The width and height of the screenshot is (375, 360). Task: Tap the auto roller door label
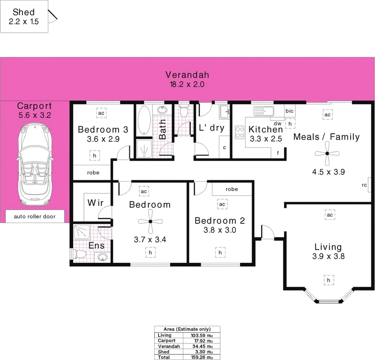coord(35,216)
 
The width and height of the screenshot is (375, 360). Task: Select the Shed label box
coord(24,16)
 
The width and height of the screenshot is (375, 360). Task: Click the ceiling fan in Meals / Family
coord(328,153)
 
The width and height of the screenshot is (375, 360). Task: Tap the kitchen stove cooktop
coord(239,133)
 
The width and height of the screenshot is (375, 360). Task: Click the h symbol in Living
coord(329,280)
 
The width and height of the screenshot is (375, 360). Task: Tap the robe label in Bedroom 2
coord(232,189)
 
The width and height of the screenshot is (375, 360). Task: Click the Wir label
coord(96,203)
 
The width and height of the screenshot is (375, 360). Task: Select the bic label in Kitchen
coord(290,111)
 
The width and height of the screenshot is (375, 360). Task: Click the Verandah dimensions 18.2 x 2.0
coord(187,84)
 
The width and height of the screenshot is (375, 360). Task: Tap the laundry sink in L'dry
coord(224,112)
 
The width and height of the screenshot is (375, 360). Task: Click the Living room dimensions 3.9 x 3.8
coord(329,256)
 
